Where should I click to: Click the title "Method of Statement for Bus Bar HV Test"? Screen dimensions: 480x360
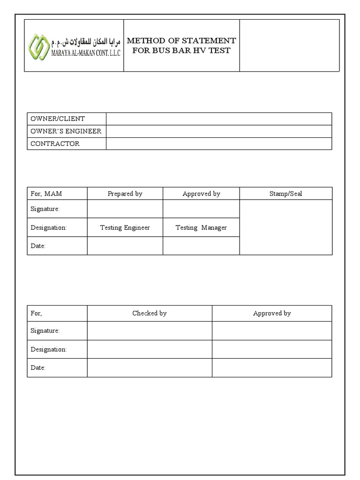181,45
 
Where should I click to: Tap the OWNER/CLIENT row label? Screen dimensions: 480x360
58,119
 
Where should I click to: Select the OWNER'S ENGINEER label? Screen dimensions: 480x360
66,131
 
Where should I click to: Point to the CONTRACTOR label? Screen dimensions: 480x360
55,143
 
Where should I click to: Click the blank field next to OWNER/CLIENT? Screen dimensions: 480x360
219,119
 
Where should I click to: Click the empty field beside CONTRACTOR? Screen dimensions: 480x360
219,143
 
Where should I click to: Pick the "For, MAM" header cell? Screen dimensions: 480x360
46,194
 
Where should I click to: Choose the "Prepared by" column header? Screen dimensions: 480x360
125,194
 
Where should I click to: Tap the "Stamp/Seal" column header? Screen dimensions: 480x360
285,194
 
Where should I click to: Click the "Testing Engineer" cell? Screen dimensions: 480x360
125,227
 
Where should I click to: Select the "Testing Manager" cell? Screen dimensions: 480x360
201,227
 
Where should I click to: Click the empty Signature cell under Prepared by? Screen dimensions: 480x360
125,209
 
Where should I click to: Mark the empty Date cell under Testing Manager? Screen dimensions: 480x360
201,246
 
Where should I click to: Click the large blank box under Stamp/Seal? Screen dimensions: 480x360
285,227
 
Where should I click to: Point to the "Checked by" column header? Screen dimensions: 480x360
149,313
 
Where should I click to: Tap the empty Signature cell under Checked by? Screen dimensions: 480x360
149,330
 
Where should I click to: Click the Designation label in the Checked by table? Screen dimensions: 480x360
49,349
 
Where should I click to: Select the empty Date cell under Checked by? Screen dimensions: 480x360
149,368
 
